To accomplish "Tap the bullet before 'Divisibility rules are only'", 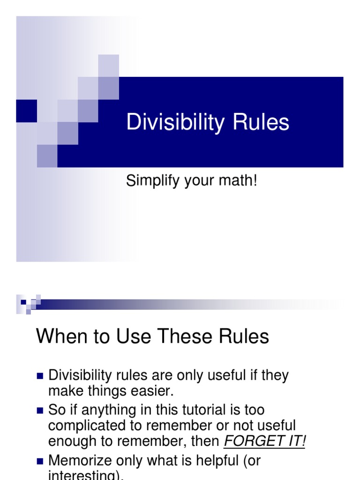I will tap(40, 376).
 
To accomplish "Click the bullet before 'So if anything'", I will tap(40, 411).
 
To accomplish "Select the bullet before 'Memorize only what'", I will tap(40, 461).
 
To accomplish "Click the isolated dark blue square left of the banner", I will tap(26, 111).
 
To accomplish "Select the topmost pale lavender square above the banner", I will tap(108, 65).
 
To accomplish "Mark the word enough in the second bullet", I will tap(71, 442).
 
